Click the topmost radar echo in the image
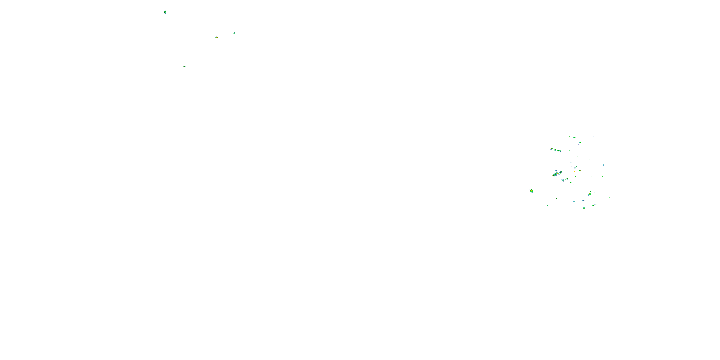point(165,12)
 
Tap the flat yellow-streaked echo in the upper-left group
point(217,37)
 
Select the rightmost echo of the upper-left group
point(234,33)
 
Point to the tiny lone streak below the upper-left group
point(185,66)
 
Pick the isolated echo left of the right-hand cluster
point(531,191)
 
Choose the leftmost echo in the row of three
point(552,149)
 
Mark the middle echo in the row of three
point(555,150)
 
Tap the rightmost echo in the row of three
point(559,151)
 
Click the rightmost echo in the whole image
point(609,197)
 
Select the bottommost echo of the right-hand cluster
point(584,208)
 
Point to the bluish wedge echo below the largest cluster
point(563,180)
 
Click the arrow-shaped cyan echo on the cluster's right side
point(603,165)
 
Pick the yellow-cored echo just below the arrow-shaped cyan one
point(602,176)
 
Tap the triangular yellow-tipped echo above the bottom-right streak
point(589,194)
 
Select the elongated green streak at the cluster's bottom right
point(594,205)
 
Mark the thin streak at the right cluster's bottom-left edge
point(547,205)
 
